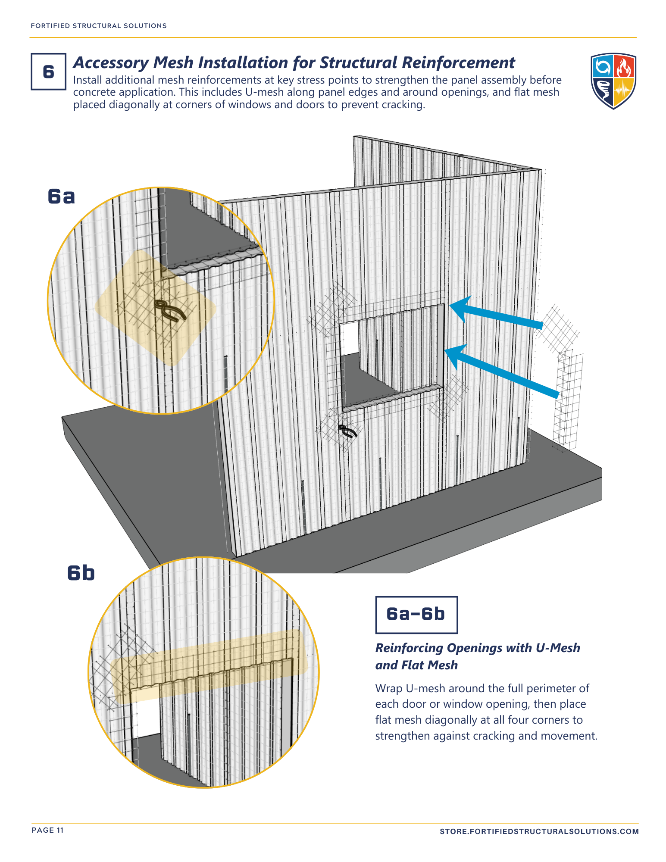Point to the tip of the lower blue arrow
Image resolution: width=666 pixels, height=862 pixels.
444,350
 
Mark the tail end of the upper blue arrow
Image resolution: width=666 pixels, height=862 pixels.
542,325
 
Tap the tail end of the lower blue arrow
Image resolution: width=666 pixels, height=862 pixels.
558,394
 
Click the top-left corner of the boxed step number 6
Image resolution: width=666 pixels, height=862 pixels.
31,53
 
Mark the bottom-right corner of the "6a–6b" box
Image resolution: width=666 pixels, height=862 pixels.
457,633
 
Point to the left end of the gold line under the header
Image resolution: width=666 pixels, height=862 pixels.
30,37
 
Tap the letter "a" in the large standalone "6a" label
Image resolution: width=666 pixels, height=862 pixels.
69,197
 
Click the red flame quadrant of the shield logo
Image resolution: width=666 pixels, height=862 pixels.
624,66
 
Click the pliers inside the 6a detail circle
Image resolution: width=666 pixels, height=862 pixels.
170,310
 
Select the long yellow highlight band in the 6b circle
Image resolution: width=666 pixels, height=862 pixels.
209,666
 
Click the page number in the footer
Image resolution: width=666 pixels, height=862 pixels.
48,830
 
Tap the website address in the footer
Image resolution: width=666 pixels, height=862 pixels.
539,831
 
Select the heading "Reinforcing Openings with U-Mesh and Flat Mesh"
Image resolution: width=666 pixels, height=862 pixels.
478,656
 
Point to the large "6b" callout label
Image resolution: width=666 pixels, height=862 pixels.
81,573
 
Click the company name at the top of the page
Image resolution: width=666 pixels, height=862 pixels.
99,26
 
